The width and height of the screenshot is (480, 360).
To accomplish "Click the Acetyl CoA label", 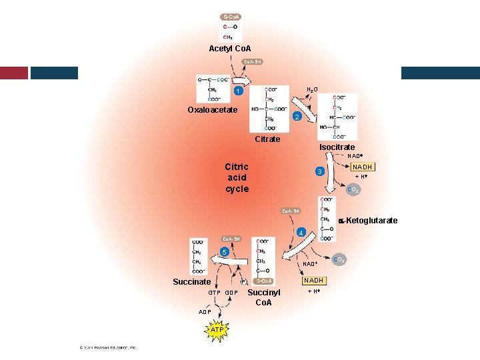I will [230, 49].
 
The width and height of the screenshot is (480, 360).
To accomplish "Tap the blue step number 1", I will [237, 91].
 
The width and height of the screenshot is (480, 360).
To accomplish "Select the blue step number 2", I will [298, 117].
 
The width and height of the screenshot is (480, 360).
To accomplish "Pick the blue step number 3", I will [321, 171].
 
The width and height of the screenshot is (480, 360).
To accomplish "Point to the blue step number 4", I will [301, 232].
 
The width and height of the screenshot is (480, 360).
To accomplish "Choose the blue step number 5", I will [225, 252].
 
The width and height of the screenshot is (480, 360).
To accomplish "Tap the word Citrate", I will [267, 139].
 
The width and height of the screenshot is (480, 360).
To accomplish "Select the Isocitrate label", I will [337, 147].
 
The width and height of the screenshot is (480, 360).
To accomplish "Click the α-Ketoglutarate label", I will [368, 221].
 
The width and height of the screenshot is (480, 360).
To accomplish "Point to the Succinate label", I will [192, 282].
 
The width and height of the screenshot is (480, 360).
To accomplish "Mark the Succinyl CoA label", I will [264, 297].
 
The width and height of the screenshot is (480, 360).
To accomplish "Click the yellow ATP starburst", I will [217, 330].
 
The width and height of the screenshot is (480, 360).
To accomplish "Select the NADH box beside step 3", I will [363, 167].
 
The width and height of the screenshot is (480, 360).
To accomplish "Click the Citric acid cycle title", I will [237, 177].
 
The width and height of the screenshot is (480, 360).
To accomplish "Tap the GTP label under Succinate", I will [214, 293].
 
